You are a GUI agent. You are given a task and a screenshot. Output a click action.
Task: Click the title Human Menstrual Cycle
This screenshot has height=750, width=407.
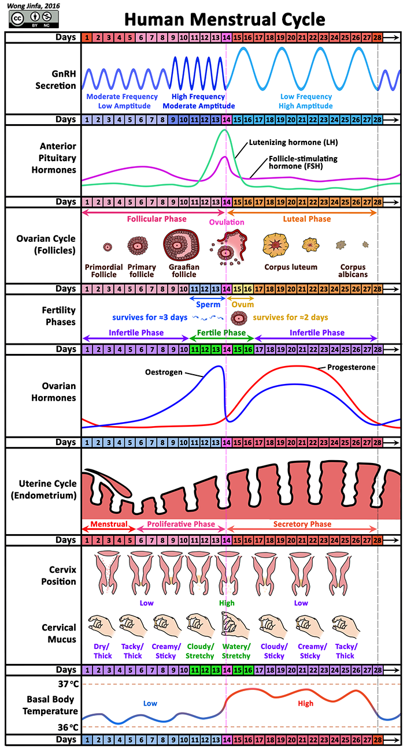tap(225, 19)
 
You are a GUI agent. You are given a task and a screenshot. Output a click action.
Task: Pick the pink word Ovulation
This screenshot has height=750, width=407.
tap(227, 222)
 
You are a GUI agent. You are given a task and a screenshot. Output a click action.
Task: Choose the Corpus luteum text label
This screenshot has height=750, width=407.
tap(291, 267)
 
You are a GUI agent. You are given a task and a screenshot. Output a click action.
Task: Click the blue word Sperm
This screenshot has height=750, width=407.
tap(208, 304)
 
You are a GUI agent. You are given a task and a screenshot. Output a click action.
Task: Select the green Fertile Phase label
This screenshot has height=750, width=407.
tap(221, 333)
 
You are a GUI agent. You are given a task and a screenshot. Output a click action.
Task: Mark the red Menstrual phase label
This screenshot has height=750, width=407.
tap(108, 524)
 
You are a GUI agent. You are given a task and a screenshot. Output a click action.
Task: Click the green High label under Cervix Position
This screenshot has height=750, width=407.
tap(227, 603)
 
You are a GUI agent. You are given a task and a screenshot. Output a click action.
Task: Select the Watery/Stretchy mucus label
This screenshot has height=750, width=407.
tap(236, 651)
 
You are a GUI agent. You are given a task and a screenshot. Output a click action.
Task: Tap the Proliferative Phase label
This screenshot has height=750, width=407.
tap(181, 524)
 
